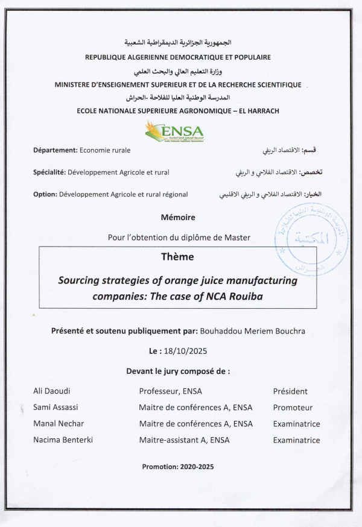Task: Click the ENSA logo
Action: pyautogui.click(x=174, y=131)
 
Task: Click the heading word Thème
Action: pyautogui.click(x=177, y=257)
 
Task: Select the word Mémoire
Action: pyautogui.click(x=178, y=217)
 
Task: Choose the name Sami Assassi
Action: pyautogui.click(x=55, y=408)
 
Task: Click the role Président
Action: pyautogui.click(x=290, y=391)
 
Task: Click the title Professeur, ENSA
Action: pyautogui.click(x=170, y=391)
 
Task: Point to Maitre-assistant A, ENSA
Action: pyautogui.click(x=184, y=440)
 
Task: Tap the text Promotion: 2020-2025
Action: pyautogui.click(x=177, y=467)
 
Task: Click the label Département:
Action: pyautogui.click(x=56, y=150)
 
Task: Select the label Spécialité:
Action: pyautogui.click(x=49, y=172)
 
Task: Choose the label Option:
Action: pyautogui.click(x=45, y=194)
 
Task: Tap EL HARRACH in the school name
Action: pyautogui.click(x=255, y=111)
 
